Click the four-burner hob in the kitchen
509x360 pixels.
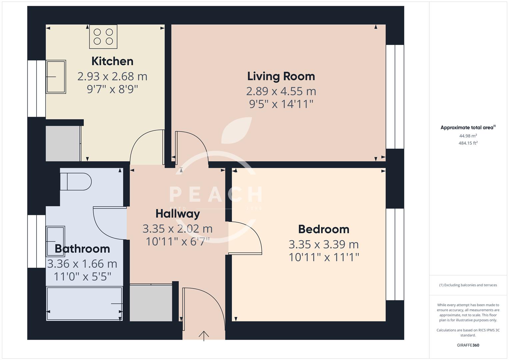click(103, 37)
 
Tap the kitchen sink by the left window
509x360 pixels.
click(56, 77)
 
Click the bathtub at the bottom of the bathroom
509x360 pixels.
click(84, 304)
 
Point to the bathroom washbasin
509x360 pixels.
click(55, 241)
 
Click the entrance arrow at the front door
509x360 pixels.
click(204, 336)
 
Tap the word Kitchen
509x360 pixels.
click(112, 61)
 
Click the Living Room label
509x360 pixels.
click(281, 76)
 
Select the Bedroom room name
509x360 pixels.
click(323, 229)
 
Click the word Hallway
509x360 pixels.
click(178, 214)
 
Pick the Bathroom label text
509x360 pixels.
click(82, 249)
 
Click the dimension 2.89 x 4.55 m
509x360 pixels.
click(281, 91)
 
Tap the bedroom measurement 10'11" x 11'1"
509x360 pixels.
click(323, 257)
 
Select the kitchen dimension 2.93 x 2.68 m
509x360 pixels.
click(112, 76)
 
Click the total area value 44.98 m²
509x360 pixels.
click(468, 136)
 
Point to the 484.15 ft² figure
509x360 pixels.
click(468, 143)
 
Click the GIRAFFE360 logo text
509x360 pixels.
click(468, 345)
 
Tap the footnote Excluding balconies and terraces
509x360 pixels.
click(468, 285)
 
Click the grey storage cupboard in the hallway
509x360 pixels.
click(151, 303)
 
